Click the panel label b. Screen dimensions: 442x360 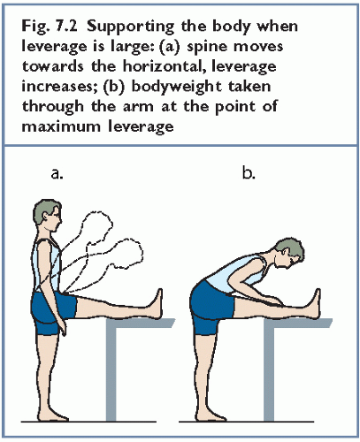249,172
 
